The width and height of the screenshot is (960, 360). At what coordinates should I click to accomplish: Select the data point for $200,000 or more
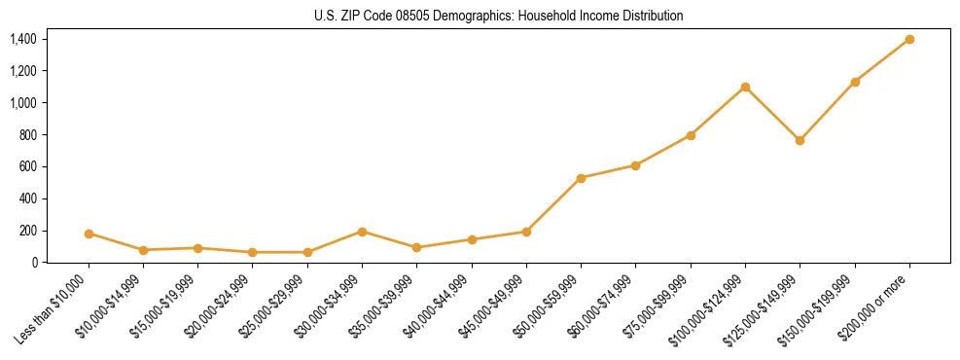pos(909,39)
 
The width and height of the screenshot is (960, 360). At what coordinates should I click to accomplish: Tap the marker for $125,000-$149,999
pos(800,140)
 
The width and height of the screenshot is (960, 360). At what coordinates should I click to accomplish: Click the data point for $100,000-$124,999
pos(745,87)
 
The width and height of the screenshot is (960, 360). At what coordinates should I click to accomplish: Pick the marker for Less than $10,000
pos(89,234)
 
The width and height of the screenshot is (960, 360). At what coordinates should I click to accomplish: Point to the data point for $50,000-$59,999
pos(581,178)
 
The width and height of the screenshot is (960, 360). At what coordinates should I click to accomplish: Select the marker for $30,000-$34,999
pos(362,232)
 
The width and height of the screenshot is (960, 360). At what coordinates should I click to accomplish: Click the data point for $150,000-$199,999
pos(855,82)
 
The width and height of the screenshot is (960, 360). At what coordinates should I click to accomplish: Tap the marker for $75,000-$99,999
pos(691,135)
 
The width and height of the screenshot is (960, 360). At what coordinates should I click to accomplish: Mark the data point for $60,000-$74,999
pos(635,165)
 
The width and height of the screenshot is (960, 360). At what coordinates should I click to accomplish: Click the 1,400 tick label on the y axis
pos(23,39)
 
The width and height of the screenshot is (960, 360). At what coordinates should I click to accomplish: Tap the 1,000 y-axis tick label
pos(23,103)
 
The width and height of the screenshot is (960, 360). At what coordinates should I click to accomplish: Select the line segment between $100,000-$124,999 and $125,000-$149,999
pos(772,113)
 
